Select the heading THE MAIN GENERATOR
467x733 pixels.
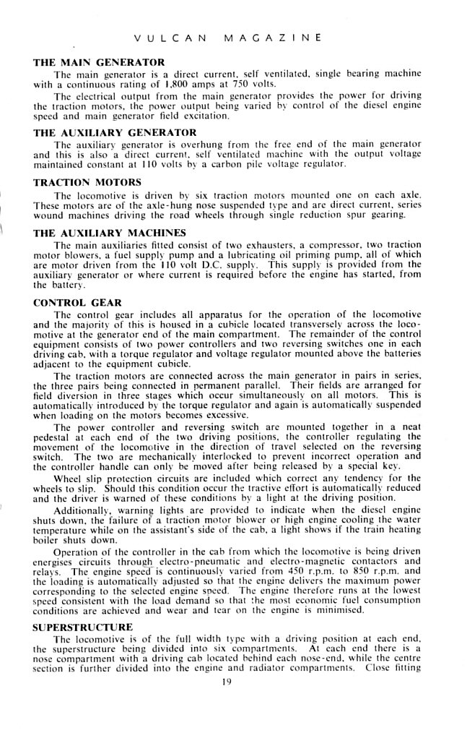click(x=99, y=62)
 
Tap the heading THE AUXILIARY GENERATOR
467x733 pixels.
click(x=115, y=132)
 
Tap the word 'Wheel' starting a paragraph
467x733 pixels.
click(x=68, y=478)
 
